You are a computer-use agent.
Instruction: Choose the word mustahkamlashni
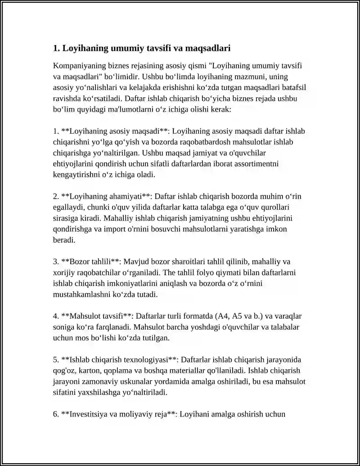tap(81, 294)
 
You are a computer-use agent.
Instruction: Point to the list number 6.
tap(55, 414)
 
